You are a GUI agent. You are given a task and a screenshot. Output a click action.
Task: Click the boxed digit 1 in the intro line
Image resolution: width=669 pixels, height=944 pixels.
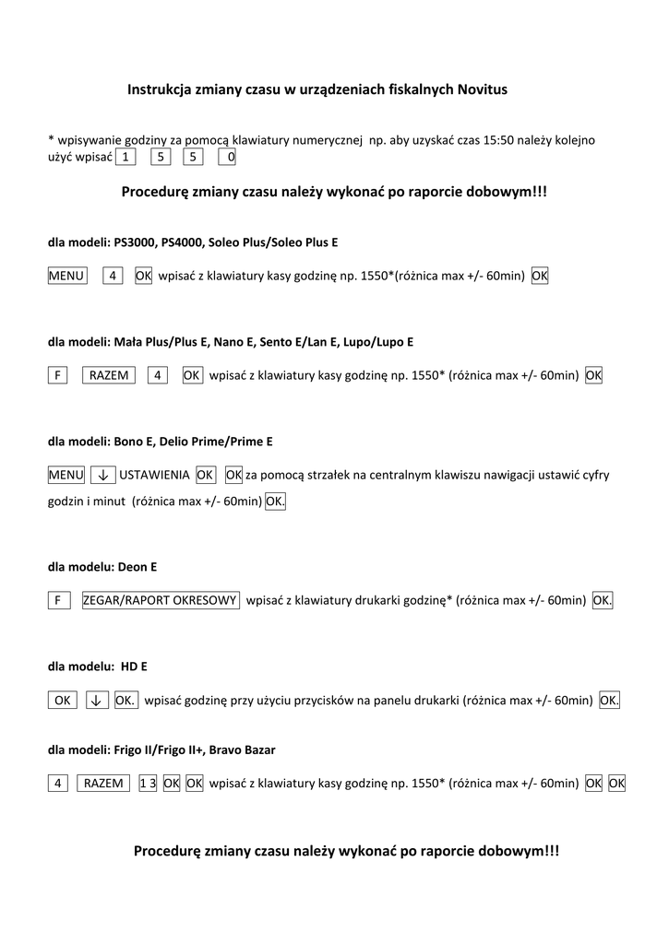tap(125, 157)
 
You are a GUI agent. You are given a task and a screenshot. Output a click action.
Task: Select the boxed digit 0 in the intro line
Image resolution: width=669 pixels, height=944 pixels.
tap(227, 157)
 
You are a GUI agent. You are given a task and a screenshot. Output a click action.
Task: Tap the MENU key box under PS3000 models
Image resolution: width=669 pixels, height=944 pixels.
tap(66, 276)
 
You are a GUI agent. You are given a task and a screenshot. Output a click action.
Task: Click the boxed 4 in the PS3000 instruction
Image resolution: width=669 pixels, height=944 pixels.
tap(113, 276)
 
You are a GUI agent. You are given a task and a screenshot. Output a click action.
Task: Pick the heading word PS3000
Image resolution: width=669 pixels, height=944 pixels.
tap(135, 242)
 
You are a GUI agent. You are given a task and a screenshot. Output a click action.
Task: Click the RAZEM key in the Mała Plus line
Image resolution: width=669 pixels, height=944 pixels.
tap(110, 375)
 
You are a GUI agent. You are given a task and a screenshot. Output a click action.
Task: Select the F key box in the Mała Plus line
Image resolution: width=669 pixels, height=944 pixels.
tap(57, 375)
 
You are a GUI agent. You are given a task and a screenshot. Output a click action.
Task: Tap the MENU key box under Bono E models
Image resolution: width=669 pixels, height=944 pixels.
tap(66, 475)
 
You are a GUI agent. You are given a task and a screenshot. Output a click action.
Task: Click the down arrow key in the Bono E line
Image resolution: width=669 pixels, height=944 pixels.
tap(102, 475)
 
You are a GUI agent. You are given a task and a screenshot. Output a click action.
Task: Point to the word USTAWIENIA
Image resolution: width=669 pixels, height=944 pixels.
tap(154, 475)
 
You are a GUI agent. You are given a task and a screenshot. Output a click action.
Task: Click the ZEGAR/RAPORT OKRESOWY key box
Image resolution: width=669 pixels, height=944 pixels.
tap(161, 600)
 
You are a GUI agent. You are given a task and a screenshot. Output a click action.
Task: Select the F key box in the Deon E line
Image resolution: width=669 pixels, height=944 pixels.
tap(57, 600)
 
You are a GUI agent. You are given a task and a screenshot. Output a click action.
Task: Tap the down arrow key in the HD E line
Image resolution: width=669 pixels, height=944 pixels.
tap(97, 701)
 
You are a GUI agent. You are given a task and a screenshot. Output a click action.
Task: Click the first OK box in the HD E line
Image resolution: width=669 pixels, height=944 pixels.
tap(63, 701)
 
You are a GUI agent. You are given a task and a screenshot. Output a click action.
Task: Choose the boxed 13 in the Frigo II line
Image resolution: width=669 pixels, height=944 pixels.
tap(147, 783)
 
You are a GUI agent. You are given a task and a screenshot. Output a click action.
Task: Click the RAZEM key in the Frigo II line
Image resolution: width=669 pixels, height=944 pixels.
tap(103, 783)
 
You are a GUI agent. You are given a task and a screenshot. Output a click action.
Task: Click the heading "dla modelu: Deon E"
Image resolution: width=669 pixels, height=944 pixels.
tap(102, 567)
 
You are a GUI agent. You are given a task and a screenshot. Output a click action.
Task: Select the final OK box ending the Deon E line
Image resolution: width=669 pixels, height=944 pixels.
tap(603, 600)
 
